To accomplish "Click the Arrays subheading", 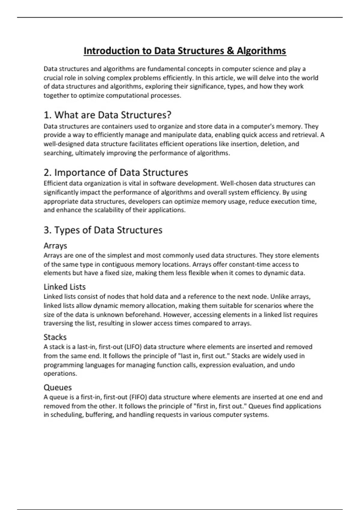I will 55,246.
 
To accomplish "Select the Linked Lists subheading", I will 64,287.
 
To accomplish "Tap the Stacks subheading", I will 55,337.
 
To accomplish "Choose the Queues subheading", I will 58,387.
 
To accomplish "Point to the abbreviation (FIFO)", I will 138,397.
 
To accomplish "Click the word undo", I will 287,365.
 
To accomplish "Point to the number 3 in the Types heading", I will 46,230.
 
